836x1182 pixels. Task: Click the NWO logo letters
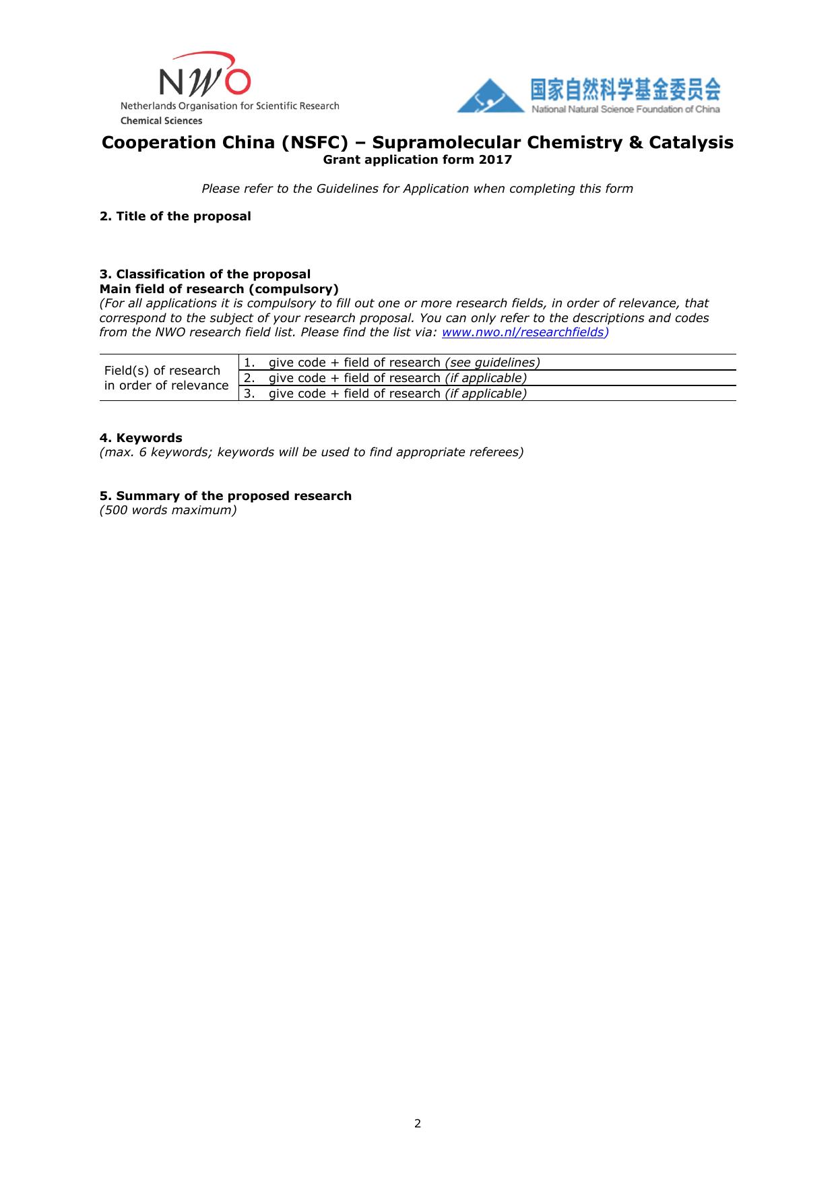click(205, 80)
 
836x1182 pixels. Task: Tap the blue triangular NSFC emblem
click(490, 97)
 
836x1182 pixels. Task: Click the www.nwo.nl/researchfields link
click(523, 332)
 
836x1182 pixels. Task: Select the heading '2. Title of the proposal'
click(175, 216)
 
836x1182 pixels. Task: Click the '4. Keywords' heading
click(141, 438)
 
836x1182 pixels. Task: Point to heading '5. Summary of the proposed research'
click(226, 496)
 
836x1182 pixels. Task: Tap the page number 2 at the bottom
click(418, 1123)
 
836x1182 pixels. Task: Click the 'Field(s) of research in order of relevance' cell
click(166, 378)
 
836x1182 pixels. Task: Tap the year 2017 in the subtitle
click(496, 160)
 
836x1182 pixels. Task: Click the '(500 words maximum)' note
click(168, 510)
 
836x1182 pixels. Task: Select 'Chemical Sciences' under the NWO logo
click(161, 121)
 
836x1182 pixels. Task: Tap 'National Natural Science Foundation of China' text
click(625, 109)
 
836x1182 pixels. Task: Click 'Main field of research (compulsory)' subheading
click(219, 289)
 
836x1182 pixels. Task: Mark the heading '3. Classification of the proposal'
click(205, 274)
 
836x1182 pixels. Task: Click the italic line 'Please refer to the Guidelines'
click(417, 189)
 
